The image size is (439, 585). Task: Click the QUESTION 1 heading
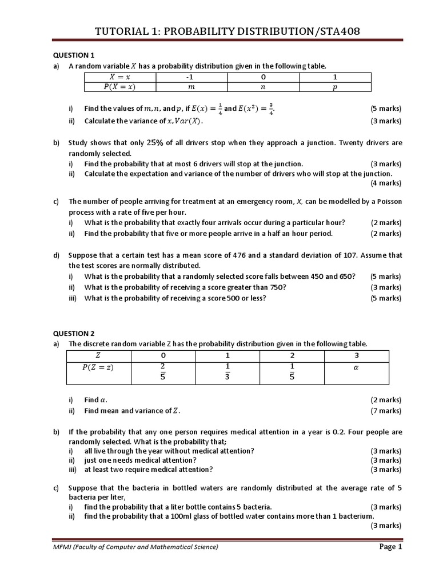click(74, 55)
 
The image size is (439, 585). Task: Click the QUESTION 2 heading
click(74, 333)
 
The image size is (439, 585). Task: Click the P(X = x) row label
click(120, 87)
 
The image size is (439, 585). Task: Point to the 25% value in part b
click(155, 142)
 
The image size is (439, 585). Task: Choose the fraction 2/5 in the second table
click(163, 370)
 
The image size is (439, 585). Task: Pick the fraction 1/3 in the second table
click(228, 370)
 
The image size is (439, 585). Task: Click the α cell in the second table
click(356, 368)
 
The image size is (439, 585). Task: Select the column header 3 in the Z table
click(356, 355)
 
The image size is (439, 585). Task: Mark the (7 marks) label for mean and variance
click(386, 410)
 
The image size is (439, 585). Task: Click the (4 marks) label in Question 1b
click(386, 183)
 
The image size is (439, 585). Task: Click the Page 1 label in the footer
click(391, 547)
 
